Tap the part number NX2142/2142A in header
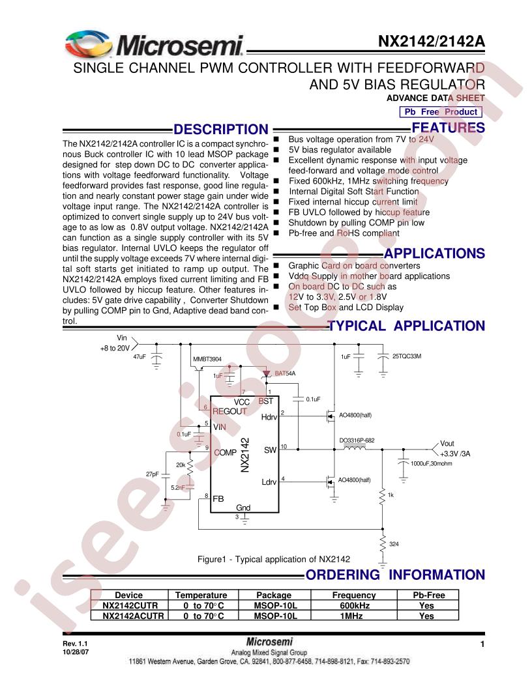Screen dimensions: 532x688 [432, 41]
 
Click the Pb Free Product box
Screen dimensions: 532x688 [441, 112]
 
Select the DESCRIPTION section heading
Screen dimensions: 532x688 [221, 130]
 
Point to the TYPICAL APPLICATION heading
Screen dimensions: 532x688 [406, 326]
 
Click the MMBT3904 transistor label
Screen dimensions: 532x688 [207, 359]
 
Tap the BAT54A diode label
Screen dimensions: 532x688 [285, 373]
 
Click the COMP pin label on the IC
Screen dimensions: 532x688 [225, 452]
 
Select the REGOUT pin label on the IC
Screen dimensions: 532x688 [229, 412]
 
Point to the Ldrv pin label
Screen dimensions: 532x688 [269, 481]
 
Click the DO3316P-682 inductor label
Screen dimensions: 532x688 [357, 440]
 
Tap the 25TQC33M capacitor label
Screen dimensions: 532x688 [406, 356]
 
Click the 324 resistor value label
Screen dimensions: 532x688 [394, 544]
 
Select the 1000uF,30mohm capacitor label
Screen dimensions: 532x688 [431, 463]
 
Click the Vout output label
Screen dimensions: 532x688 [447, 444]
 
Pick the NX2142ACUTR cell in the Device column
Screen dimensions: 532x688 [133, 616]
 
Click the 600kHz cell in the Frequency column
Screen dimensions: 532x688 [354, 605]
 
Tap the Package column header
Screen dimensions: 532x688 [274, 595]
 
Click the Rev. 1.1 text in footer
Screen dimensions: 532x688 [75, 644]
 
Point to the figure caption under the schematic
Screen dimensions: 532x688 [274, 560]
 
